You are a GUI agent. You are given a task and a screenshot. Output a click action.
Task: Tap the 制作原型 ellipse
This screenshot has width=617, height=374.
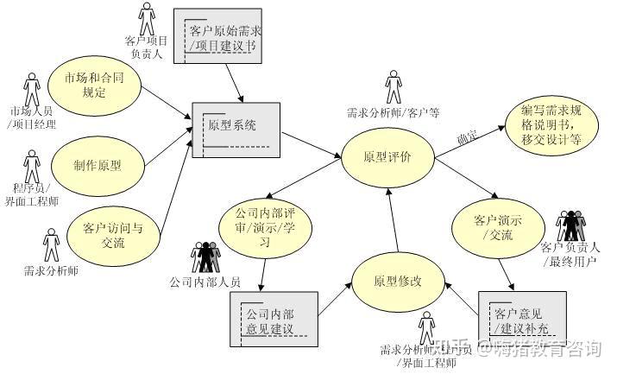pos(98,166)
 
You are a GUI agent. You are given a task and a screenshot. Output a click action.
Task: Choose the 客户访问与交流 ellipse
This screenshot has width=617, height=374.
pos(113,235)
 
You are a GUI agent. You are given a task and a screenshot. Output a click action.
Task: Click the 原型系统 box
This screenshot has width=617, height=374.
pos(236,129)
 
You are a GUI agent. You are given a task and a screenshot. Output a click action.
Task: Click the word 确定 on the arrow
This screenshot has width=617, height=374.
pos(467,136)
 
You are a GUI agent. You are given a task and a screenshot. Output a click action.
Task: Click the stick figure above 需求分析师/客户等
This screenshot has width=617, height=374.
pos(393,87)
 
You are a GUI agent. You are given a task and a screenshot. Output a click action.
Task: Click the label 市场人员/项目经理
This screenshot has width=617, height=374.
pos(32,118)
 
